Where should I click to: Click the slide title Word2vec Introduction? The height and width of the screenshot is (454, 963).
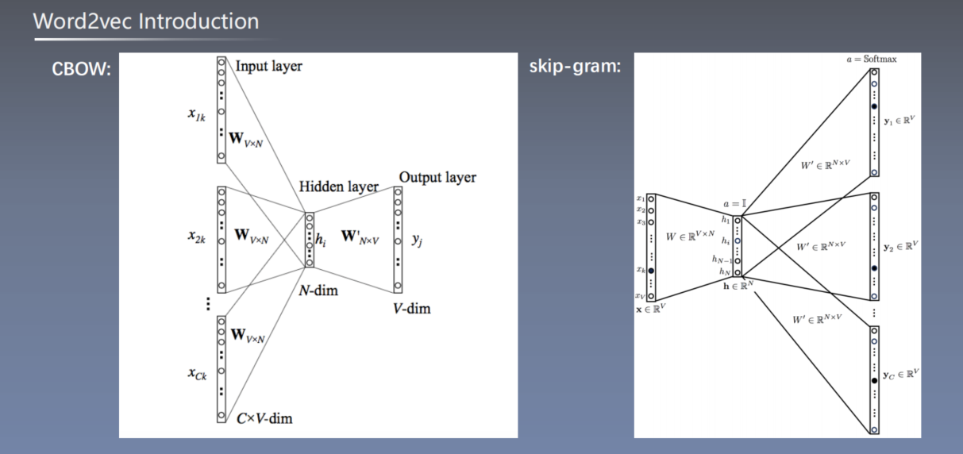point(146,21)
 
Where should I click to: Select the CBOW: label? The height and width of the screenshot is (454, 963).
point(82,70)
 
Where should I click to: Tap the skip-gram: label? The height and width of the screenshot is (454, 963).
point(575,66)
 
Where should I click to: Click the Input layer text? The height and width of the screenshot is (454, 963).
point(268,67)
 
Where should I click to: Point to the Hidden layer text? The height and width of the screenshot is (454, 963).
point(333,187)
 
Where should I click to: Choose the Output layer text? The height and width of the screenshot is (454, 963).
point(437,177)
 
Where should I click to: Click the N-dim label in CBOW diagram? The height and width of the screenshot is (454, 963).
point(318,290)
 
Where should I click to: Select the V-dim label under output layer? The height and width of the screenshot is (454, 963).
point(411,308)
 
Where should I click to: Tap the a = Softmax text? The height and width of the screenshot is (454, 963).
point(871,60)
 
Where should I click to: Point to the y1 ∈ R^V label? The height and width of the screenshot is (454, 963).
point(900,121)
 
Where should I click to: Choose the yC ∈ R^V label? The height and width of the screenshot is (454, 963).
point(900,373)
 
